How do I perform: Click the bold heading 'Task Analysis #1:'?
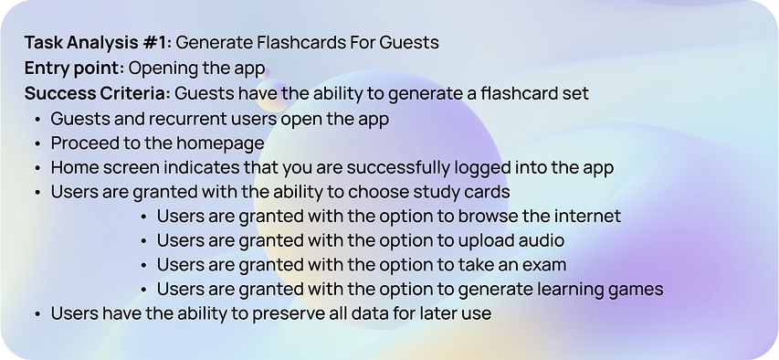click(98, 43)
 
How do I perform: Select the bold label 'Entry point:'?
click(75, 69)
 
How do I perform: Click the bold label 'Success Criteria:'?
click(98, 93)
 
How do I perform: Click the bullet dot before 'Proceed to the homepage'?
click(37, 144)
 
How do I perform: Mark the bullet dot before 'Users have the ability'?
click(37, 314)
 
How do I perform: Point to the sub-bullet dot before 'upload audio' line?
click(144, 241)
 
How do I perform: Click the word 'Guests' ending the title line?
click(409, 43)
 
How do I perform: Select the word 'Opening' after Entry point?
click(162, 69)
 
